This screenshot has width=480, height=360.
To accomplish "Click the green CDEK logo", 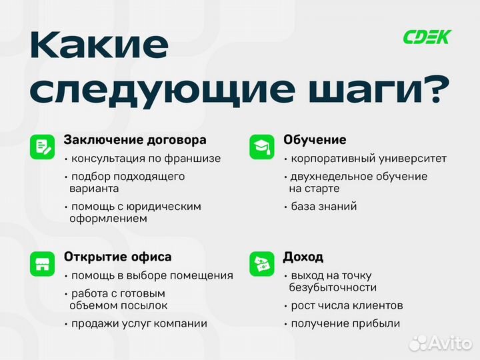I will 427,37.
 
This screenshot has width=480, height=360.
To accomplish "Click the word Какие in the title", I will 99,45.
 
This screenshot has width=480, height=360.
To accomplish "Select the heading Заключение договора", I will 135,140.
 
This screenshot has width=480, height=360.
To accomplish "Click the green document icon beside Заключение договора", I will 42,147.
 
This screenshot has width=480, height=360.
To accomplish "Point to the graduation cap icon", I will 261,147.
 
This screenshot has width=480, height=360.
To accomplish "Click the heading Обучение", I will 315,140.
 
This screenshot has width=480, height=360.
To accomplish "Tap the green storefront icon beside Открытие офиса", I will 42,263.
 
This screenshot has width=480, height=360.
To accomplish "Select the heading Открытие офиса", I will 117,257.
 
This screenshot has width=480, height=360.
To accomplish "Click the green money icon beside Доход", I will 261,263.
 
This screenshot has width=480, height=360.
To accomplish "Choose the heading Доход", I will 303,257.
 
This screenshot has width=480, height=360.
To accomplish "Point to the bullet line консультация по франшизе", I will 145,159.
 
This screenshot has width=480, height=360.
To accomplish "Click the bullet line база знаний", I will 323,206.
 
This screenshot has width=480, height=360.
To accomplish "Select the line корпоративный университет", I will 369,159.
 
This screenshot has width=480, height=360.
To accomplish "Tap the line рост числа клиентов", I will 347,306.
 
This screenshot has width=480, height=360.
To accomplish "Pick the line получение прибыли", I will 345,323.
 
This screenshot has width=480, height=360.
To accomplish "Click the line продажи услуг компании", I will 139,323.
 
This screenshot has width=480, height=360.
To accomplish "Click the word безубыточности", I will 333,287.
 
